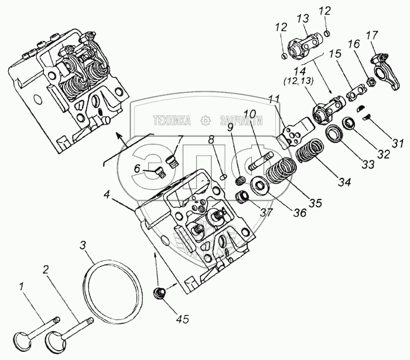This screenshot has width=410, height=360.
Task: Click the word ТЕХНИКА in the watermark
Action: (x=172, y=121)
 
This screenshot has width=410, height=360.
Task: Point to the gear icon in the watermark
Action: (x=206, y=121)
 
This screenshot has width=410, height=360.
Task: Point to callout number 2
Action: (x=45, y=270)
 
